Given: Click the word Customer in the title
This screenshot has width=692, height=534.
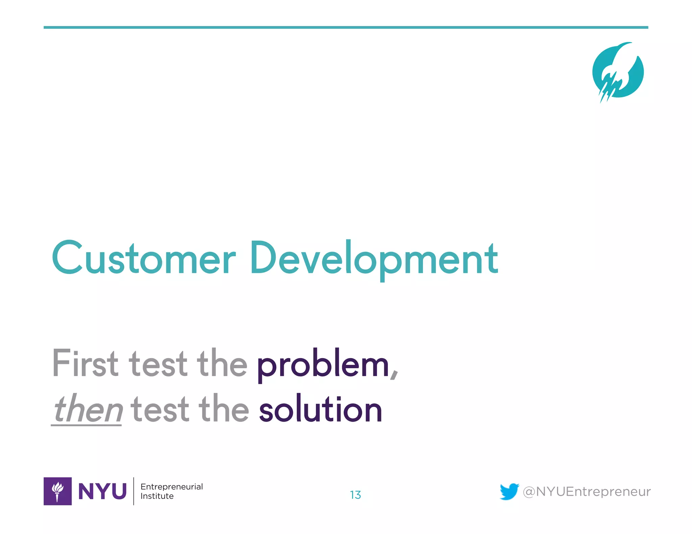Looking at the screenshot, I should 144,258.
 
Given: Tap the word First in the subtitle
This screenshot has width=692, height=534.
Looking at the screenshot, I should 85,364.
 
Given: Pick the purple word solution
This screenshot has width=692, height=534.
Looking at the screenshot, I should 320,410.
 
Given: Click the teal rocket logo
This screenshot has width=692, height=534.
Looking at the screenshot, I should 618,72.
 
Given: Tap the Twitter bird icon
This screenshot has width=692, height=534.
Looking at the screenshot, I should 509,491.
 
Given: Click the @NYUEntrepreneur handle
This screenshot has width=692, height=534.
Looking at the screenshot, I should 587,491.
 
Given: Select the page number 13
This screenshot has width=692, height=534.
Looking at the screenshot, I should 355,495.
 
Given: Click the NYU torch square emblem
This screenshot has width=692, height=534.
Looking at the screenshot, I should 57,491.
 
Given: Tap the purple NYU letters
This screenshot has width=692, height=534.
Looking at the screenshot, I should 102,491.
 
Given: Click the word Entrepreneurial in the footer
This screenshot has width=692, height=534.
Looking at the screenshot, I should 172,486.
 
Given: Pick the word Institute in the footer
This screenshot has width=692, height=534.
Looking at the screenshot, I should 157,496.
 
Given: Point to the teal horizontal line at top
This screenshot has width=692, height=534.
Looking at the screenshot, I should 346,27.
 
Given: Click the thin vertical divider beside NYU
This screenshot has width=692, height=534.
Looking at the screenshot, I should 134,491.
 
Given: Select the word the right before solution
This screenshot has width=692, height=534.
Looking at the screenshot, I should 223,409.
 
